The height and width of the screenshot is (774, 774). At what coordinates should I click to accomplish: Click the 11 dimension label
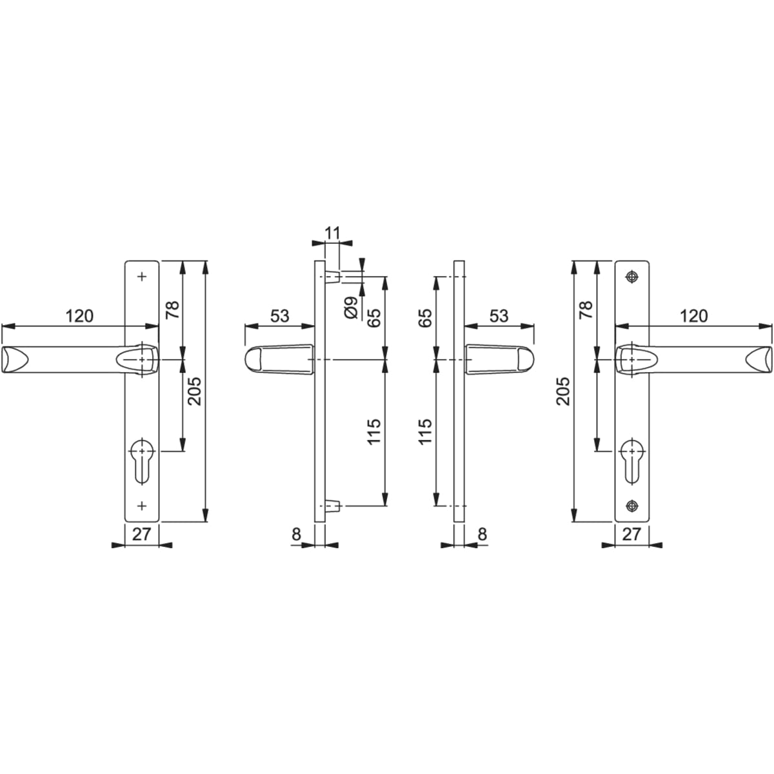click(x=332, y=233)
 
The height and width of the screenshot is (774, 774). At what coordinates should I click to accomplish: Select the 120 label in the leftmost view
click(x=79, y=316)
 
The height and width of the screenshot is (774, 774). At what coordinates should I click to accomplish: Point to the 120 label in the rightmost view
click(x=693, y=316)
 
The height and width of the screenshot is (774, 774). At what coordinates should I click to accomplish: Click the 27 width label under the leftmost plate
click(x=142, y=534)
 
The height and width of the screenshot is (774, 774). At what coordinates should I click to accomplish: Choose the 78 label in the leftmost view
click(x=173, y=310)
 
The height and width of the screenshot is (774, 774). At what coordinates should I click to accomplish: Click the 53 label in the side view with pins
click(x=279, y=316)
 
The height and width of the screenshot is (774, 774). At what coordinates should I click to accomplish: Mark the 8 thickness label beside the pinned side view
click(x=296, y=534)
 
